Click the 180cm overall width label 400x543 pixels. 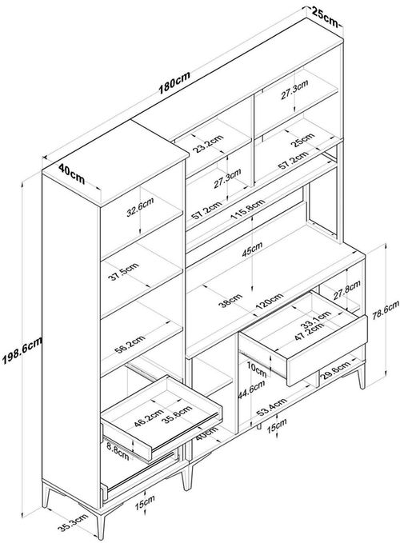pos(174,83)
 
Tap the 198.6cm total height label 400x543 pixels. pos(22,350)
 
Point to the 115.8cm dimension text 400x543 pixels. pos(248,210)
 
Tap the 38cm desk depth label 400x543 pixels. pos(230,301)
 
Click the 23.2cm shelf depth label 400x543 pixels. pos(208,144)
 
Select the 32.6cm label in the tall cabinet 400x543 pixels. pos(140,207)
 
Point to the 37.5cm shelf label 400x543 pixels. pos(123,272)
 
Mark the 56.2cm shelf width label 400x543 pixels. pos(130,345)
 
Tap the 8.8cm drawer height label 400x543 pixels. pos(118,452)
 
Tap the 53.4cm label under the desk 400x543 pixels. pos(271,407)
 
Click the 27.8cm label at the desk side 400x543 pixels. pos(347,289)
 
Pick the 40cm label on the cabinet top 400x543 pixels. pos(72,174)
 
